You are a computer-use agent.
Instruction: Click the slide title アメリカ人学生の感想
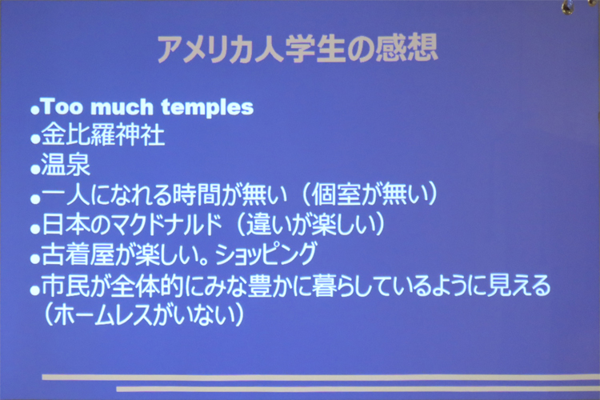[x=298, y=49]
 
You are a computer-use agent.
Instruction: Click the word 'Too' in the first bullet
[x=62, y=106]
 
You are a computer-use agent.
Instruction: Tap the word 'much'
[x=122, y=106]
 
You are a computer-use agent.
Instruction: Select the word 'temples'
[x=207, y=107]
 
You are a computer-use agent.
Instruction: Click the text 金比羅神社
[x=103, y=134]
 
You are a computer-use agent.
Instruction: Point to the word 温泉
[x=66, y=164]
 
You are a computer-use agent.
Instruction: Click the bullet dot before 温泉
[x=35, y=169]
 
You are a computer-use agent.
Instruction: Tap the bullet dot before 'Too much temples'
[x=35, y=110]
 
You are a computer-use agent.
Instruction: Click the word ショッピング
[x=266, y=254]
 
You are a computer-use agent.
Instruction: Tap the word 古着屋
[x=78, y=254]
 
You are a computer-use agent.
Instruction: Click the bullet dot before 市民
[x=35, y=290]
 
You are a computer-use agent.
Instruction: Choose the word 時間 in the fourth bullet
[x=198, y=194]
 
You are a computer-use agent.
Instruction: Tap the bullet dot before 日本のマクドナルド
[x=35, y=229]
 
